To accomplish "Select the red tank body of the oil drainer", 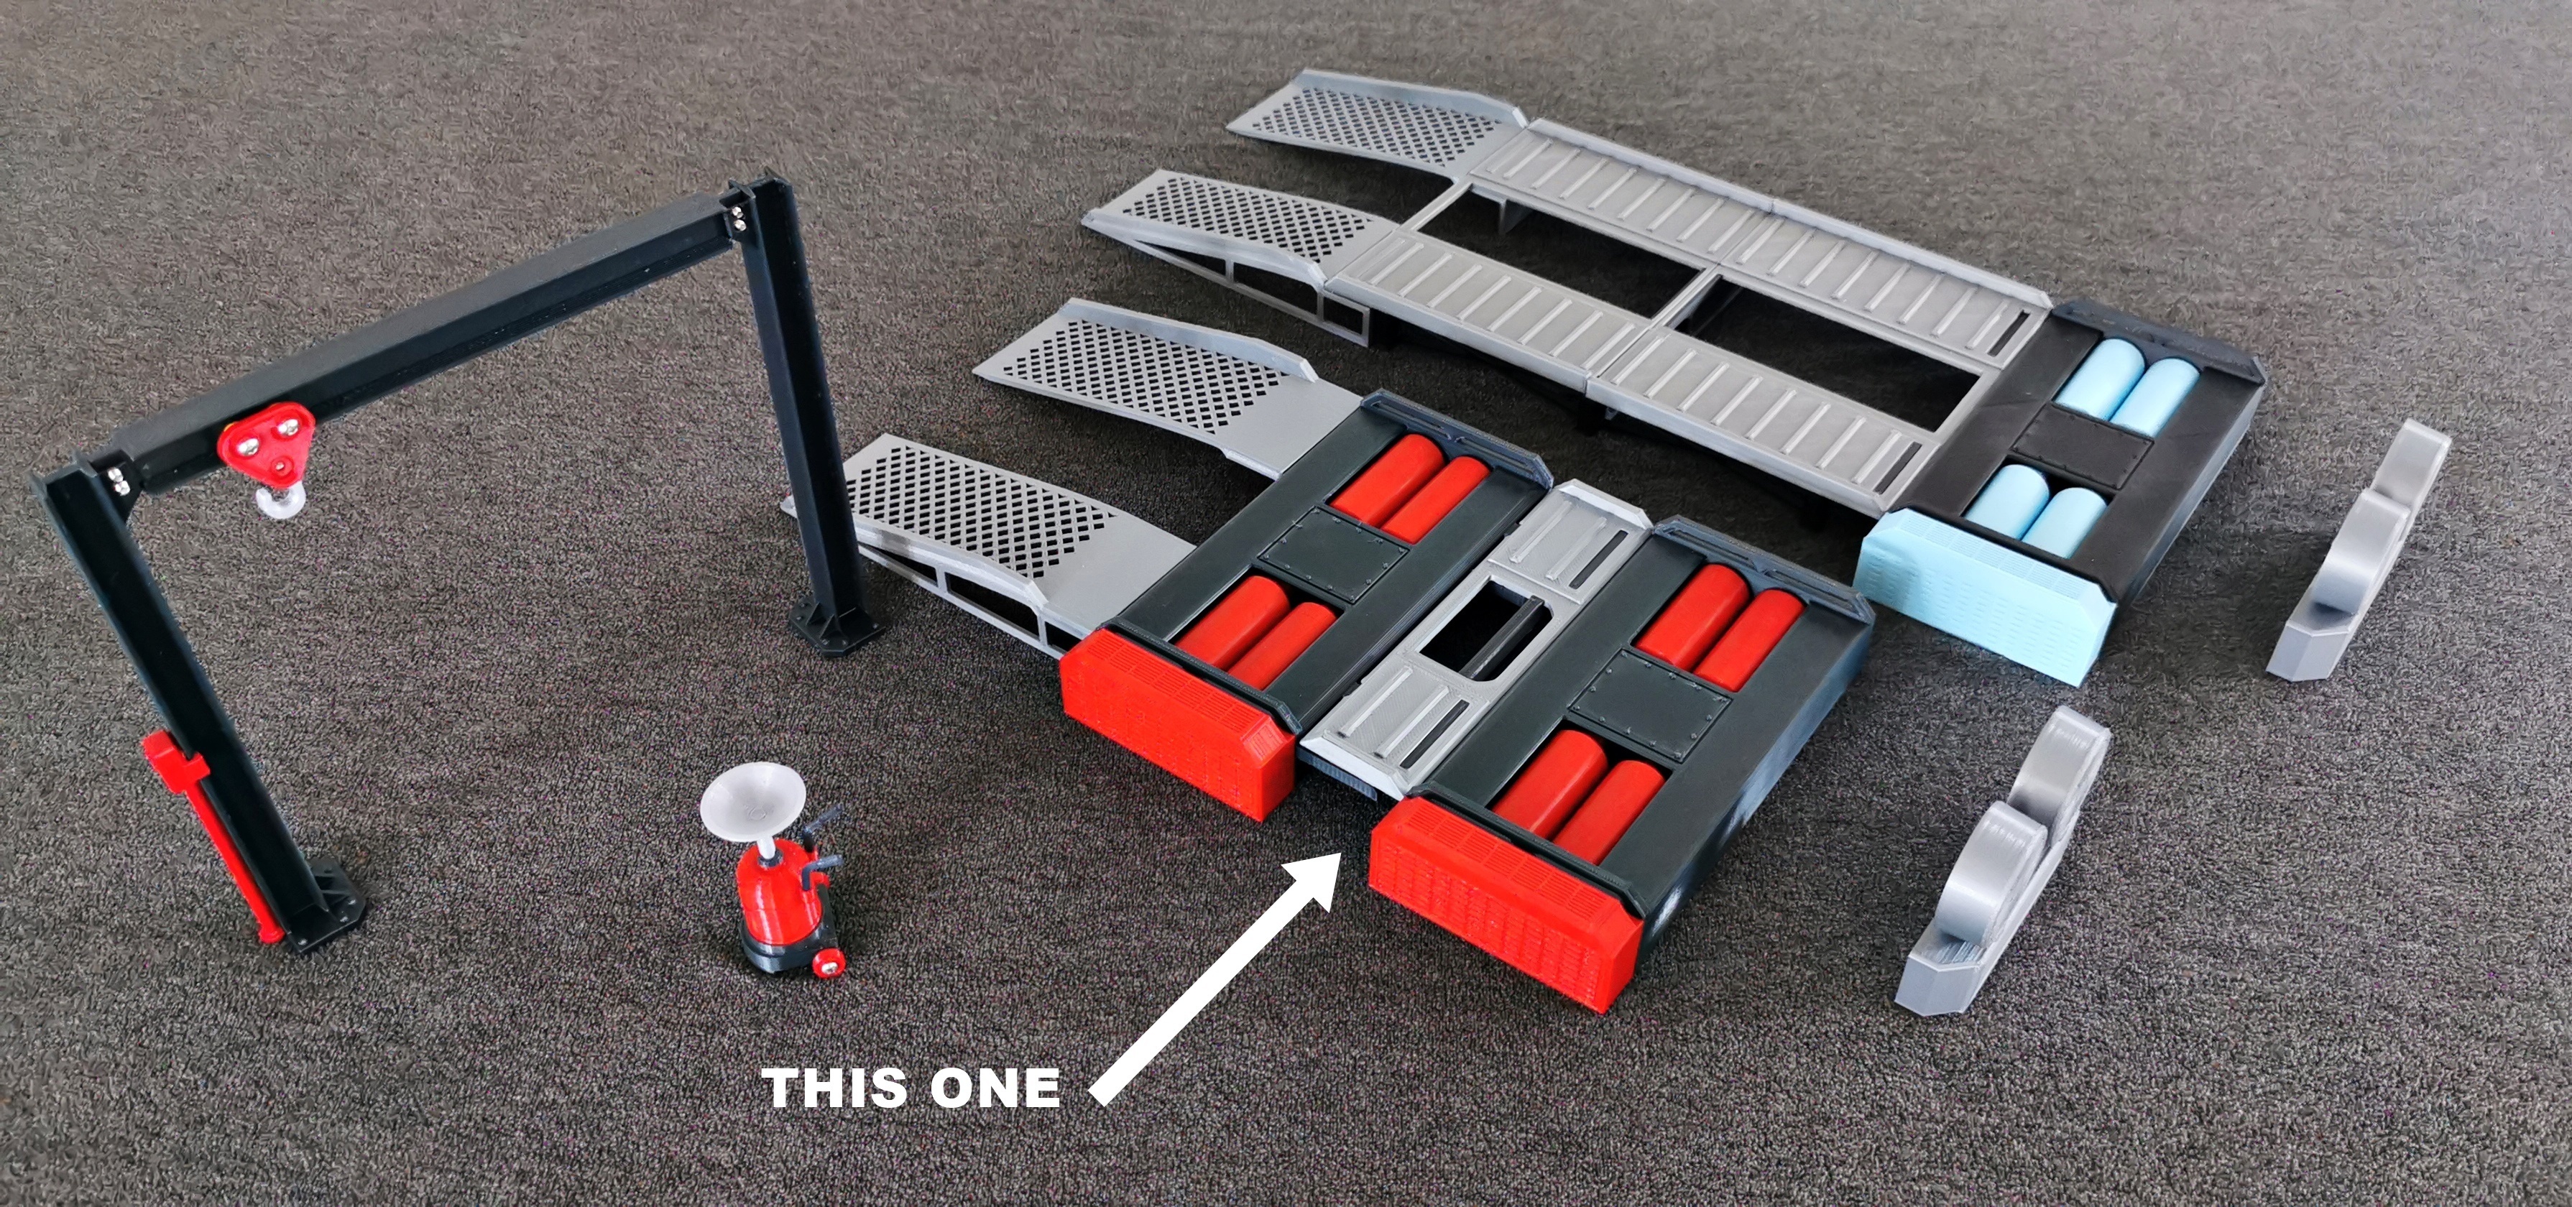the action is tap(775, 894).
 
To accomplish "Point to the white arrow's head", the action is tap(1308, 879).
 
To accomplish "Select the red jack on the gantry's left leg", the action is tap(190, 828).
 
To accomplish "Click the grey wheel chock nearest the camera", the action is tap(2007, 869).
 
